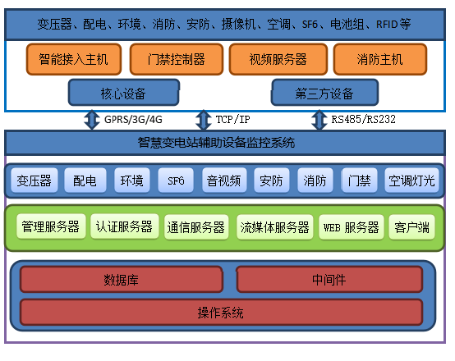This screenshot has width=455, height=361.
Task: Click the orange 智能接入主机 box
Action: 74,59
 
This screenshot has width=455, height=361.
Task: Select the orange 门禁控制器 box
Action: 177,59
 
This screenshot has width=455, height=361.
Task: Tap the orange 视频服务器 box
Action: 278,59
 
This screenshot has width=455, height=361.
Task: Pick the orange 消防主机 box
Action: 380,59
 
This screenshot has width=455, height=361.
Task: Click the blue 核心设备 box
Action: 124,93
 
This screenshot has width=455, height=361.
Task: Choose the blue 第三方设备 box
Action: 324,93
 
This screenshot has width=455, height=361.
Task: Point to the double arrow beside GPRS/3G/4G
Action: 92,120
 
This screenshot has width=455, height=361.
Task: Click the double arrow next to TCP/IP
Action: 204,120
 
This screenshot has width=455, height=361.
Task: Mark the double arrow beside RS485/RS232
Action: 319,120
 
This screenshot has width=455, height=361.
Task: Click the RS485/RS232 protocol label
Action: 363,120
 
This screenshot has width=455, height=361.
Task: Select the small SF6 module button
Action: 176,180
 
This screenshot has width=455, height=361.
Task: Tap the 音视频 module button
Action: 224,180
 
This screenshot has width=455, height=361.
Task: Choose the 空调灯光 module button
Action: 411,180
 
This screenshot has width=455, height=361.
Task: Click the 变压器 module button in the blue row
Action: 34,180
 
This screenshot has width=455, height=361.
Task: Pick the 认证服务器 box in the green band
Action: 125,226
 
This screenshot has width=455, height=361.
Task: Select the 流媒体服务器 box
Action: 275,227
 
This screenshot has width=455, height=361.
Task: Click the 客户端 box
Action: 411,227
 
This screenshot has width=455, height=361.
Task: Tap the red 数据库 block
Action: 122,280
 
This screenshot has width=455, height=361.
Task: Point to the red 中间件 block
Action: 329,280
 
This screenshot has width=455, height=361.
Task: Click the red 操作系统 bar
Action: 221,313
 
